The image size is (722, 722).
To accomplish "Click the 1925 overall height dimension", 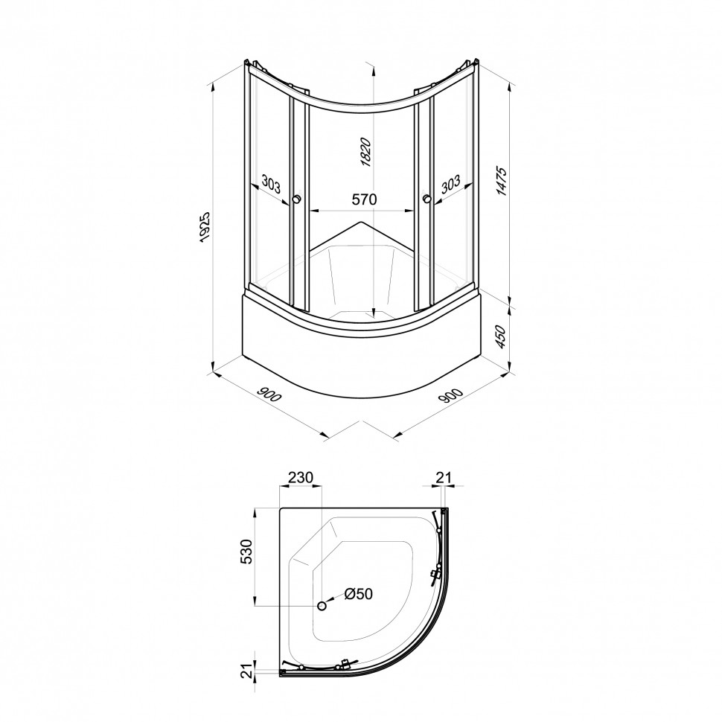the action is pos(205,226).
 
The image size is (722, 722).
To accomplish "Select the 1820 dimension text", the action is pos(365,152).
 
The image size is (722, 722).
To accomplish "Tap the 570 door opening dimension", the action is pos(364,199).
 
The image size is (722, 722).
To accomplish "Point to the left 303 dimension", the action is pos(271,184).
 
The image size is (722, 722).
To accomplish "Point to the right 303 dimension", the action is pos(450,184).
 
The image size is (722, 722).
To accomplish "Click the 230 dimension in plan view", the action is pos(300,477).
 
